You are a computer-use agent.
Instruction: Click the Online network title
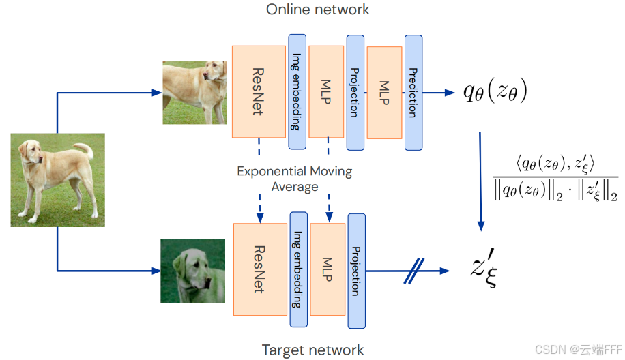318,10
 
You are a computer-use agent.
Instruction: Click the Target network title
313,350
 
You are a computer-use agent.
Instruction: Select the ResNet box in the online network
259,91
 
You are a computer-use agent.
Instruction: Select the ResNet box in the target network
260,269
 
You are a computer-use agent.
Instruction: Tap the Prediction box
413,93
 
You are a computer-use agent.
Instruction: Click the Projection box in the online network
355,93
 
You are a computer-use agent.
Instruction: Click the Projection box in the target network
356,271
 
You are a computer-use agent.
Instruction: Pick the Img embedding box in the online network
297,91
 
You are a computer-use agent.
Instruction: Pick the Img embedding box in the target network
299,269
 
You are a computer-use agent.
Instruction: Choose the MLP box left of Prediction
384,93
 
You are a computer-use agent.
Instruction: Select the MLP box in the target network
328,269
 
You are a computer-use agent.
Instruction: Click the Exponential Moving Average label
295,179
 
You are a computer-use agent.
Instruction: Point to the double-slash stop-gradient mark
413,271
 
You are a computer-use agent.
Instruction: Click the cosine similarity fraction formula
555,178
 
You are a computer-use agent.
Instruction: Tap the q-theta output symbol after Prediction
495,91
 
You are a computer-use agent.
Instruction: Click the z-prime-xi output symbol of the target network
484,267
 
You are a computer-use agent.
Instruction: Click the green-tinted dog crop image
192,271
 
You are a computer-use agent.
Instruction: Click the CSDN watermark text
578,350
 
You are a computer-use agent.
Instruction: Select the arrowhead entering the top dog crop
157,93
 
